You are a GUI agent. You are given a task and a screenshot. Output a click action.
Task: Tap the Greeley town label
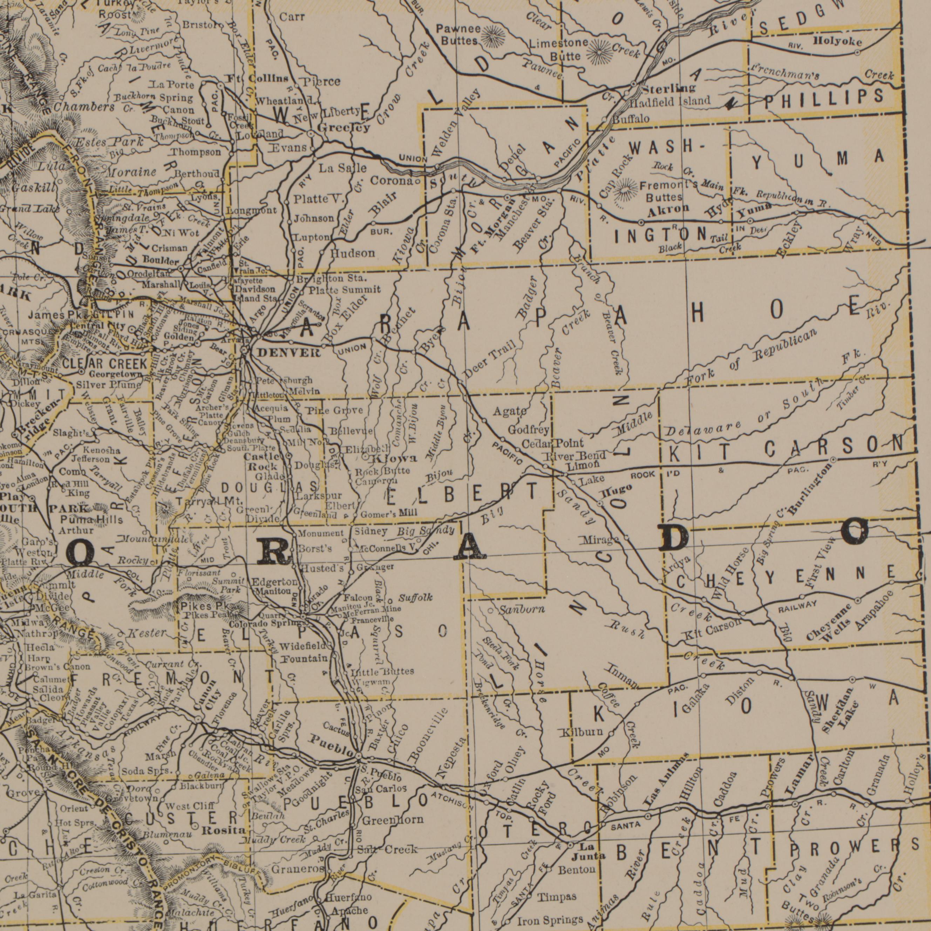point(344,128)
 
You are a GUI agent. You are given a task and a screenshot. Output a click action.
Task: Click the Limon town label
point(582,467)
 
